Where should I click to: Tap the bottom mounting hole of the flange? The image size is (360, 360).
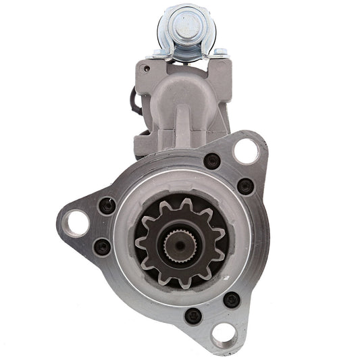(223, 332)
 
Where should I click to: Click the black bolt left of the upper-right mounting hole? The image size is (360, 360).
(211, 161)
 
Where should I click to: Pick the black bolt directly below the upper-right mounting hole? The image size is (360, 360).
(246, 186)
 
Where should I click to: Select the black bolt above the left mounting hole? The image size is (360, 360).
(107, 205)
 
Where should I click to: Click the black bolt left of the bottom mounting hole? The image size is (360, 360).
(195, 315)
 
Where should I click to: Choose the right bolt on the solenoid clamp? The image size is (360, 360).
(218, 53)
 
